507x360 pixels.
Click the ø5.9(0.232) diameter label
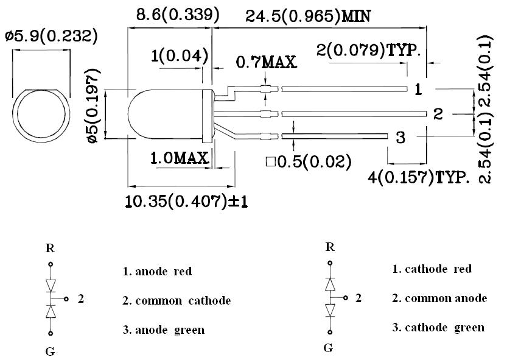click(x=51, y=37)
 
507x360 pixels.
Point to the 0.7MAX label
click(x=266, y=62)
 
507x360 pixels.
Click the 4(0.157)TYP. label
click(x=419, y=178)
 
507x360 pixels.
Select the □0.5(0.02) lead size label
click(x=309, y=161)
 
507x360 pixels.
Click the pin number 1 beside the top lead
click(x=418, y=90)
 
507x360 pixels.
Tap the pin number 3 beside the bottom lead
click(x=400, y=138)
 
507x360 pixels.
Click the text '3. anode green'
click(x=163, y=330)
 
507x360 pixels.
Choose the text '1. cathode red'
click(x=432, y=269)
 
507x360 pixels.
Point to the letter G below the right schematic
click(x=328, y=348)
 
